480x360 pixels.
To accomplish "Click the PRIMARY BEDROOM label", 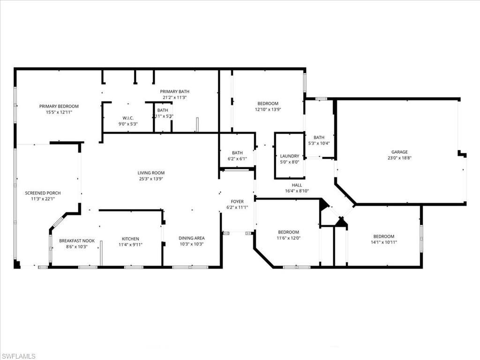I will pos(59,106).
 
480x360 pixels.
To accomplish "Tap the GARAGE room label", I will pos(399,152).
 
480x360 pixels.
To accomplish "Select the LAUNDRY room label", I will pos(289,156).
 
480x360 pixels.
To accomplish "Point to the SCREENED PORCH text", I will pos(43,193).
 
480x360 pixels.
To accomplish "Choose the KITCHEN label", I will pos(130,239).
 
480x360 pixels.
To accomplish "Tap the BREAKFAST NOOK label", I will pos(77,241).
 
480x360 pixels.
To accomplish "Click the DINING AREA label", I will pos(191,238).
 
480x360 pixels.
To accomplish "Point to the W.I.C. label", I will pos(128,118).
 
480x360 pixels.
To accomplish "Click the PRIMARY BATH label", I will pos(174,91).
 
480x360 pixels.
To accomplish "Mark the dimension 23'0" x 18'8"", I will pos(399,158).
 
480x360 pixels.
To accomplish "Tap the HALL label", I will pos(297,185).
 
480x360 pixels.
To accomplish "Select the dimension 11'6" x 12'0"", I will pos(288,238).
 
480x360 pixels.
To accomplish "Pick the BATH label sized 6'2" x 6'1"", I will pos(237,153).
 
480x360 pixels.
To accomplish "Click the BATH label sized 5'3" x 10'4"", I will pos(319,137).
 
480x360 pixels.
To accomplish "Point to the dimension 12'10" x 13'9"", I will pos(268,110).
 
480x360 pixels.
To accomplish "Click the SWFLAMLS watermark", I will pos(18,356).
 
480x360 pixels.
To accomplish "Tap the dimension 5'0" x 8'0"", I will pos(289,162).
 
